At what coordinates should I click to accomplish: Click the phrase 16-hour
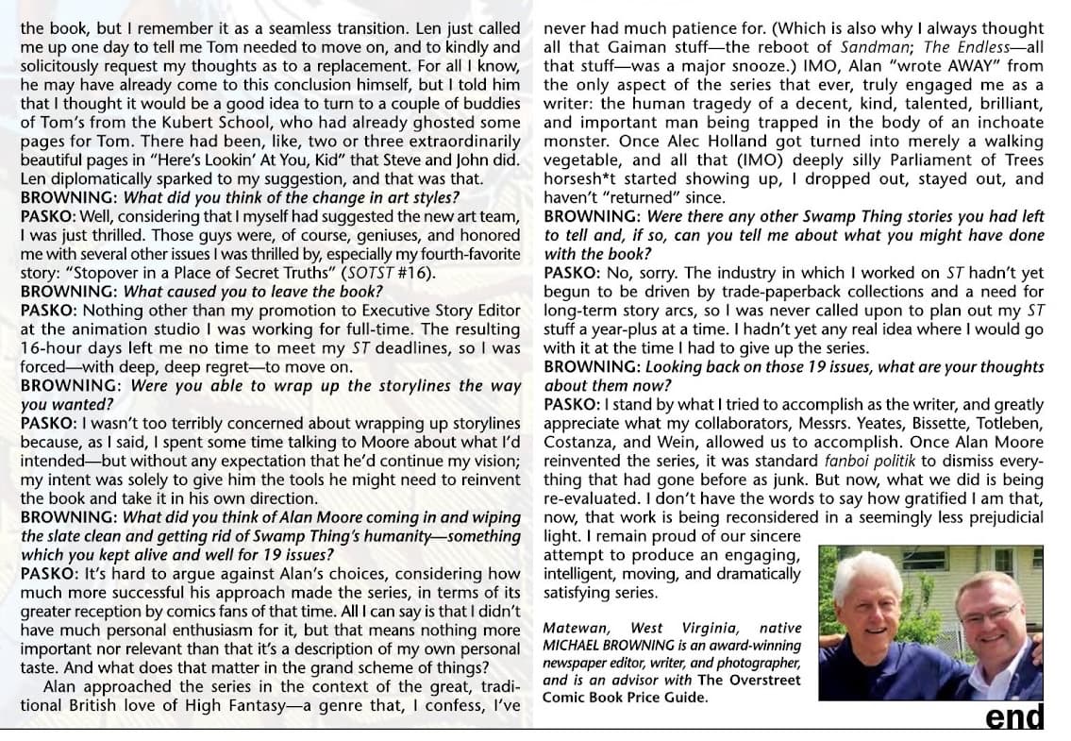[54, 348]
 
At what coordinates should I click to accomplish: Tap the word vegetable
[580, 160]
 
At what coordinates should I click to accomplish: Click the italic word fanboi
[845, 461]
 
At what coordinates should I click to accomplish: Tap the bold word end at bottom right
[1014, 717]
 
